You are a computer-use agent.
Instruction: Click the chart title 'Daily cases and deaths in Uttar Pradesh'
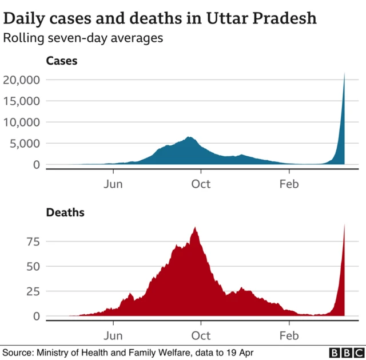pyautogui.click(x=160, y=18)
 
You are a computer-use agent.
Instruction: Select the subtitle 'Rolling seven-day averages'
pyautogui.click(x=83, y=38)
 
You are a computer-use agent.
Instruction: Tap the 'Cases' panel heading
pyautogui.click(x=61, y=61)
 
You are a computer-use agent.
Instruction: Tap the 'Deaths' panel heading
pyautogui.click(x=65, y=213)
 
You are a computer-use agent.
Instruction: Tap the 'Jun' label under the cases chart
pyautogui.click(x=113, y=184)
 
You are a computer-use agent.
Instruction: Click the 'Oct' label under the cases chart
pyautogui.click(x=201, y=184)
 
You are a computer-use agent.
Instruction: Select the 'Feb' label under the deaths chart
pyautogui.click(x=289, y=335)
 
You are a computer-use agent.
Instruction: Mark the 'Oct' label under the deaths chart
pyautogui.click(x=201, y=335)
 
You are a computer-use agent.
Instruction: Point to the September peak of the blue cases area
pyautogui.click(x=189, y=137)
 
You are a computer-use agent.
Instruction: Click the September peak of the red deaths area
pyautogui.click(x=196, y=228)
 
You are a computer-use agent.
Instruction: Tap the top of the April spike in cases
pyautogui.click(x=344, y=74)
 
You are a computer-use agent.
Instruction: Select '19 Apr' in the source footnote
pyautogui.click(x=240, y=353)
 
